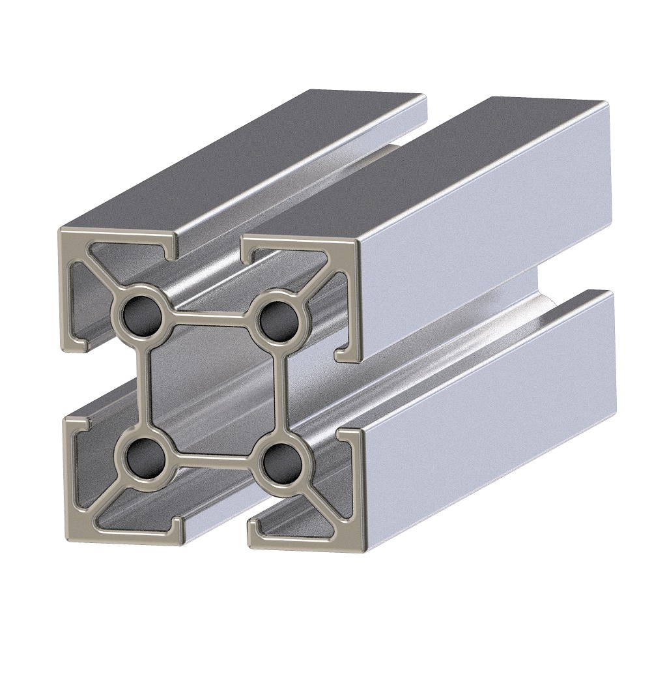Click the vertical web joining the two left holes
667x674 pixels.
click(145, 385)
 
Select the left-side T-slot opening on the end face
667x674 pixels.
click(72, 385)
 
